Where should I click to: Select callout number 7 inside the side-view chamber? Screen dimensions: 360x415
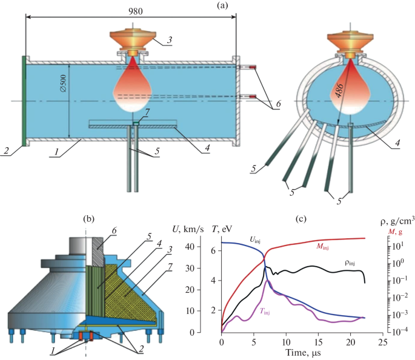141,113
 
